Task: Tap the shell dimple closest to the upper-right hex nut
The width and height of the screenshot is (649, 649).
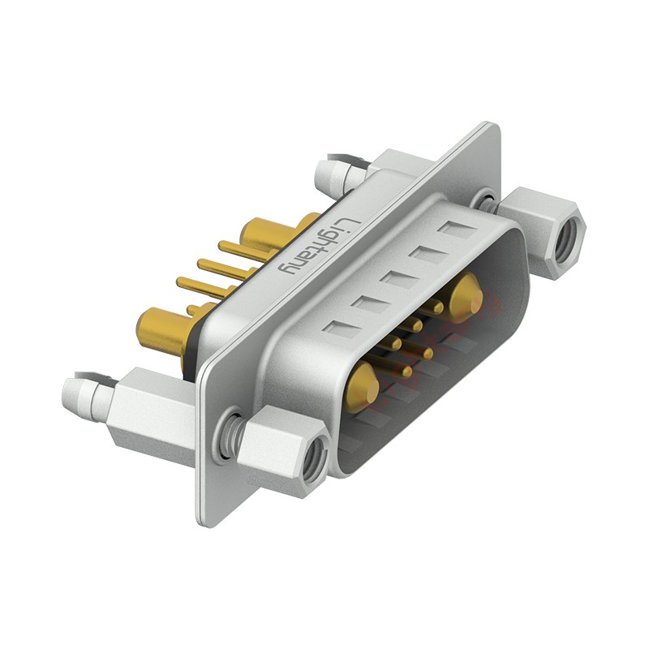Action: tap(456, 228)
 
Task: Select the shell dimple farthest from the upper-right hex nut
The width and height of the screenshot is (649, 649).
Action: tap(339, 329)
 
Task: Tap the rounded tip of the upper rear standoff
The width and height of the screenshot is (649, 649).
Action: tap(324, 173)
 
